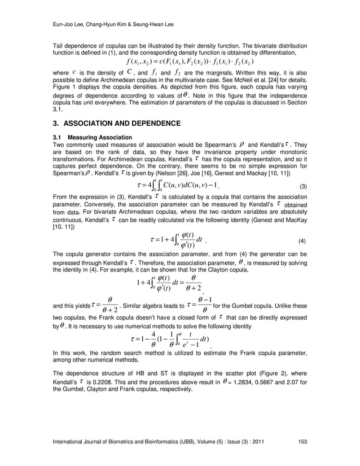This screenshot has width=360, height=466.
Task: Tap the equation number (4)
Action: [x=302, y=241]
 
